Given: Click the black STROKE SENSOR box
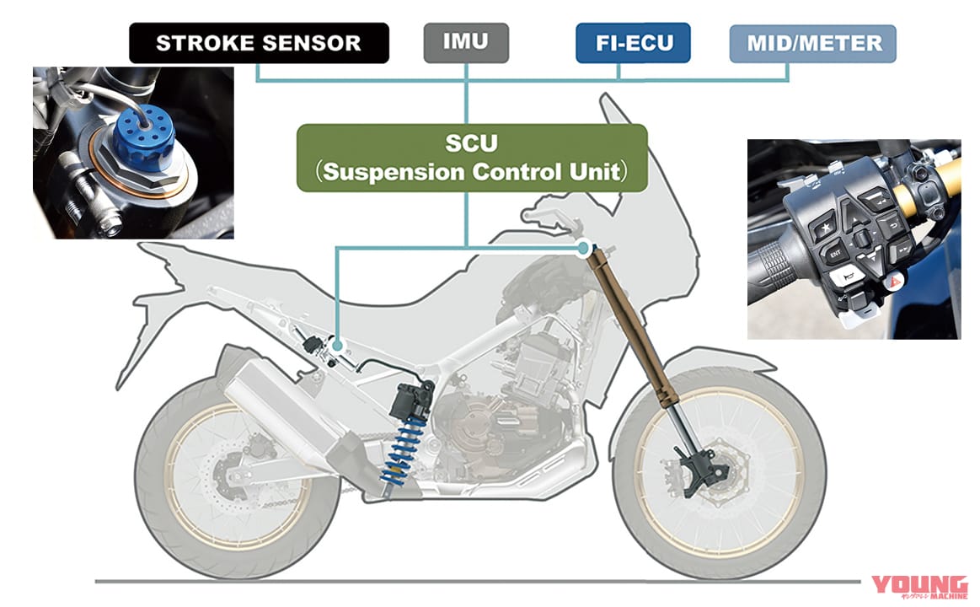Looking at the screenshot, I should coord(259,43).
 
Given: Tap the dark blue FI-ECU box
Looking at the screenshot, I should coord(633,43).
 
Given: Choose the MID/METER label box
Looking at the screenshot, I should coord(812,43).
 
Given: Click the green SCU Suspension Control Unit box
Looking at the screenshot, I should coord(472,158).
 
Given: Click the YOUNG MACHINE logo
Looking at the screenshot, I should coord(919,586).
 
